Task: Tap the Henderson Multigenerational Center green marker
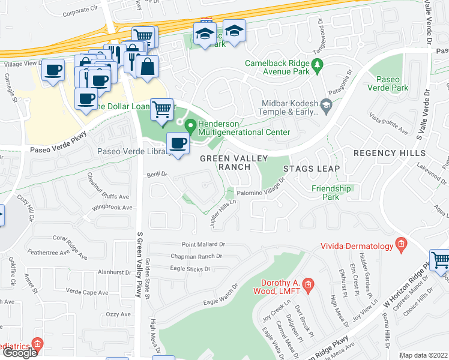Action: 191,127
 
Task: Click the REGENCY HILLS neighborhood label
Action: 389,154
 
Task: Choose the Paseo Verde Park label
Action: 391,83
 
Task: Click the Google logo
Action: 19,352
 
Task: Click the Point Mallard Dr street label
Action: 203,245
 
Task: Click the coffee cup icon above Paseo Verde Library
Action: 178,143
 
